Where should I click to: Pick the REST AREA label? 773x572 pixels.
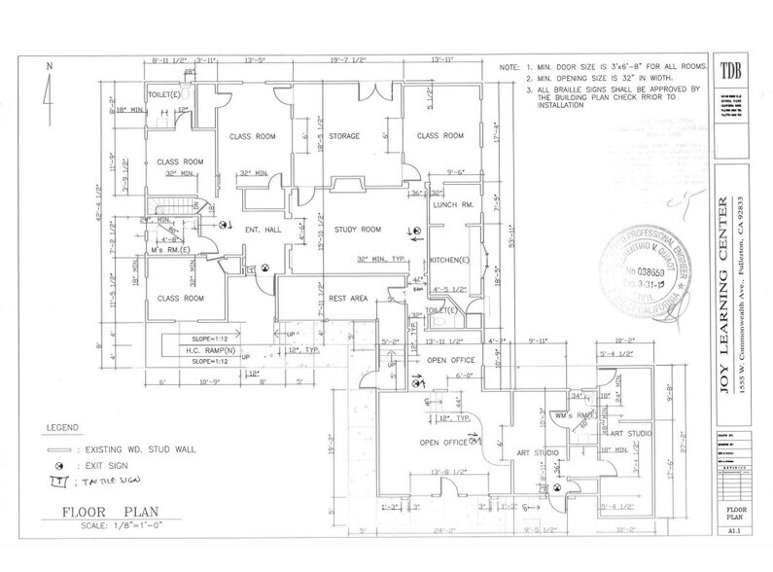[x=349, y=299]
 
